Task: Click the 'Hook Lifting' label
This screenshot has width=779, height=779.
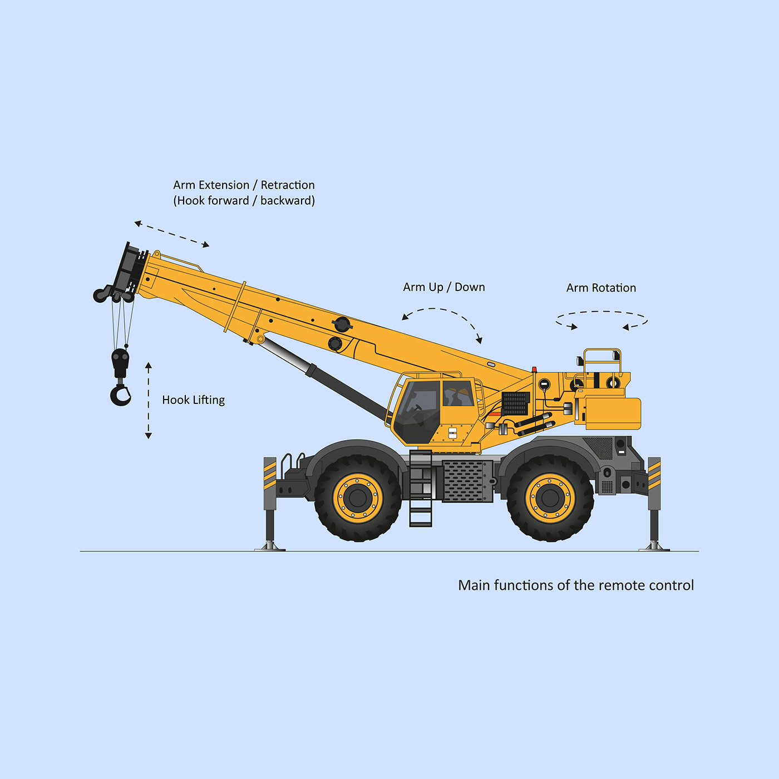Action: coord(193,400)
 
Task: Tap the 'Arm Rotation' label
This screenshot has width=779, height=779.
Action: coord(601,288)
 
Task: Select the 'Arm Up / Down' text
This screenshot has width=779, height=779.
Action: coord(443,287)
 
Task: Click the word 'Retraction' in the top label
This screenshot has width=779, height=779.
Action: coord(287,185)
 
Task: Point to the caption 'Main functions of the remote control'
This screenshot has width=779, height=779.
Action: coord(575,585)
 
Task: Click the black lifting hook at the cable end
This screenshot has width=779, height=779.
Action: coord(120,395)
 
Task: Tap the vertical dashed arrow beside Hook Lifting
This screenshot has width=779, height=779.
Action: coord(149,401)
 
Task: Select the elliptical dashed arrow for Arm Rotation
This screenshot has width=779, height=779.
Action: coord(601,320)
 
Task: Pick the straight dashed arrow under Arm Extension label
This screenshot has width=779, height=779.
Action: coord(172,234)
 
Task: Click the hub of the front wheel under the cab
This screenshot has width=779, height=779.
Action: coord(358,497)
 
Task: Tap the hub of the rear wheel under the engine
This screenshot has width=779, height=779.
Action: coord(550,497)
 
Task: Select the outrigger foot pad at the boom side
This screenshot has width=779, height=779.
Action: coord(270,546)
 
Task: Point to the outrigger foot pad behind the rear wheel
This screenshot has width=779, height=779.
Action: coord(654,546)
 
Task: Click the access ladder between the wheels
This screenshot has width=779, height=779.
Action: coord(421,490)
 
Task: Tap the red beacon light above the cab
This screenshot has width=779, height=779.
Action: coord(534,369)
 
